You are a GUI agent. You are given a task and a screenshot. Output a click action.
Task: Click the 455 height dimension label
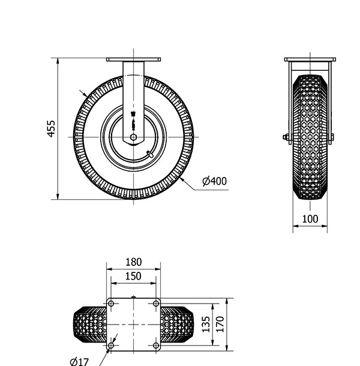(52, 128)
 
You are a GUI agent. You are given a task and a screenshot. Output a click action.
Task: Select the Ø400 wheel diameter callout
(214, 181)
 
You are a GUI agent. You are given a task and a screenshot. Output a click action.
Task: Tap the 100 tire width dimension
(310, 219)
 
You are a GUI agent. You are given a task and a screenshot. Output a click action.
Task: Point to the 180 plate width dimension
(134, 262)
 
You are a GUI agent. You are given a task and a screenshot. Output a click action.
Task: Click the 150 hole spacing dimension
(134, 276)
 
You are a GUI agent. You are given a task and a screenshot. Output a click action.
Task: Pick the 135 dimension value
(205, 325)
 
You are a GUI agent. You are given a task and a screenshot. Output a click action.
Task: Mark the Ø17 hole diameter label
(79, 361)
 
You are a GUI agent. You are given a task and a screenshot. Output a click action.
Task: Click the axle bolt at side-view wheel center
(133, 137)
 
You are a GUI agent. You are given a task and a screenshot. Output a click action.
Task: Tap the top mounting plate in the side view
(133, 59)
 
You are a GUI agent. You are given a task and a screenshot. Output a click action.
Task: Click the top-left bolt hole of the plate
(111, 304)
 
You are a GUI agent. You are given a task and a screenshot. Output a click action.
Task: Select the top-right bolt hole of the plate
(156, 304)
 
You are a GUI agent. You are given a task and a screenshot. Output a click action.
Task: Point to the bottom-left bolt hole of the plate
(111, 346)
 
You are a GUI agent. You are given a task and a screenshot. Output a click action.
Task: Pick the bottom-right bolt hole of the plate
(156, 346)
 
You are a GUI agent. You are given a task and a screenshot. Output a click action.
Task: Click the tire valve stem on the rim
(151, 155)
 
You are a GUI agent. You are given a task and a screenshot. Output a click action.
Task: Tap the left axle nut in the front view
(286, 137)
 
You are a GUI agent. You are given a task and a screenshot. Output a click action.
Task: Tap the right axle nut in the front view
(331, 137)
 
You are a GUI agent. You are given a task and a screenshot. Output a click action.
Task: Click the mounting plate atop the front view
(310, 59)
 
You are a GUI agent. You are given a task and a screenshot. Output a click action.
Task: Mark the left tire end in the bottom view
(89, 325)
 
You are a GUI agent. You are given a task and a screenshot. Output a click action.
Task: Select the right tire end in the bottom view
(178, 325)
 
